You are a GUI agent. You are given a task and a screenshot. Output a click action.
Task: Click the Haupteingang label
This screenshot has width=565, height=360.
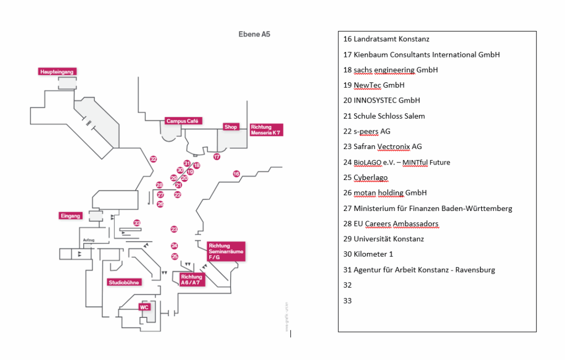click(x=57, y=72)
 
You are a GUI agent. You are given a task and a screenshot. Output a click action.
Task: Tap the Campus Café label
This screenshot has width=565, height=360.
click(x=184, y=121)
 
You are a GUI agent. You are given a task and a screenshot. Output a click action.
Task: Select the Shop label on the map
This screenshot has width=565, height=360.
click(x=231, y=127)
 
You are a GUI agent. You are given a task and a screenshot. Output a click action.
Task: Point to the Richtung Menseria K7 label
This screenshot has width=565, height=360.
click(x=266, y=130)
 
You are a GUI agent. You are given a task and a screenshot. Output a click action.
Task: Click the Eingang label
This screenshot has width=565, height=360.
click(x=71, y=216)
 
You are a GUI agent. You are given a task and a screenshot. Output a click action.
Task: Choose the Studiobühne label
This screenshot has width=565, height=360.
click(x=124, y=282)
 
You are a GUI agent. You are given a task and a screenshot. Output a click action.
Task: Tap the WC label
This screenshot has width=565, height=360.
click(x=144, y=307)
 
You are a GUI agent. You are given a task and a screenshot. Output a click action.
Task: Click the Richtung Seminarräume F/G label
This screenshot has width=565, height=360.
click(x=226, y=251)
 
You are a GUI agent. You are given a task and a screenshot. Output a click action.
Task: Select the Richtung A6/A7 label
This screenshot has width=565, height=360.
click(x=191, y=280)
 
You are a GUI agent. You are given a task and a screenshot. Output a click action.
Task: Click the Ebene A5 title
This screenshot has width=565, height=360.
click(x=254, y=34)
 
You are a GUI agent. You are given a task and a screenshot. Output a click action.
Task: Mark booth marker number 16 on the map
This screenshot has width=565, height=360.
click(x=236, y=174)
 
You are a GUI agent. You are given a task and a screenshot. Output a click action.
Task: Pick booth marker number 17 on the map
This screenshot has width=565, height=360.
click(x=217, y=157)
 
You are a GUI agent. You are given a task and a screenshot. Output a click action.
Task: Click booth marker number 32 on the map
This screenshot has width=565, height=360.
click(x=153, y=159)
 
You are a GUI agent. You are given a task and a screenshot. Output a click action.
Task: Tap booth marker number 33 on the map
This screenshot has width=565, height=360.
click(x=137, y=223)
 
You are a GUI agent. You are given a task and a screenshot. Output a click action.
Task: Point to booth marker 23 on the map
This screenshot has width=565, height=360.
click(x=174, y=229)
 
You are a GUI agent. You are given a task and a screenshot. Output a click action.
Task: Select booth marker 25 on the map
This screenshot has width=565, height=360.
click(x=175, y=256)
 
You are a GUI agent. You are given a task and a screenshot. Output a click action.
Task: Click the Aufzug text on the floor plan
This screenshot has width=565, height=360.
click(x=89, y=240)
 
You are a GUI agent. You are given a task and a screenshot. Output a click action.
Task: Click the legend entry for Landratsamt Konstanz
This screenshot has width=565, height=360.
click(x=386, y=39)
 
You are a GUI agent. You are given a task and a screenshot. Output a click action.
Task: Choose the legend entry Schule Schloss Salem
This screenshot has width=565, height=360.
click(x=383, y=116)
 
